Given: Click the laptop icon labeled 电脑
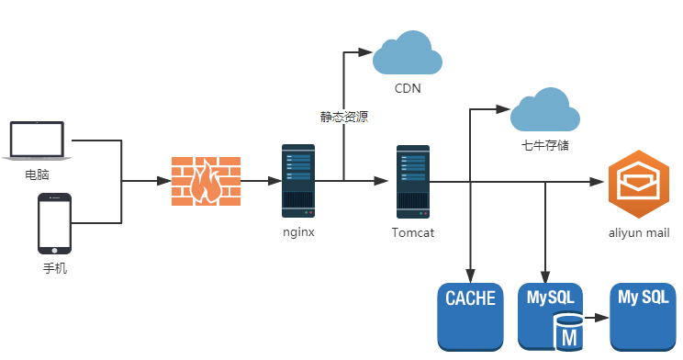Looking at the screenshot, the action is [37, 141].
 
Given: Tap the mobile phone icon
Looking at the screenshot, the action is [54, 223].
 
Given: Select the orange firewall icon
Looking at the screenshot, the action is [206, 181].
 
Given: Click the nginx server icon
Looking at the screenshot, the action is [298, 181].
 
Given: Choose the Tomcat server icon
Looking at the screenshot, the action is [413, 182].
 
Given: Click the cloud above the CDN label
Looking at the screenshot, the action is [408, 52].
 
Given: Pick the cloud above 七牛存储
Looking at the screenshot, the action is [545, 109].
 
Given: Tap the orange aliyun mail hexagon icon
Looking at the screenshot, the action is [639, 184].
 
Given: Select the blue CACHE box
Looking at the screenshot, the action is [470, 317].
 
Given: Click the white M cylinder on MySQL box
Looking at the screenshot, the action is [568, 332].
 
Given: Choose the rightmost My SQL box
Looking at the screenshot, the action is [643, 317].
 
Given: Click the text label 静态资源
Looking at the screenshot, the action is [344, 117].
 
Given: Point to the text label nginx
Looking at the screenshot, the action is [298, 231].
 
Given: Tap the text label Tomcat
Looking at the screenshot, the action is [413, 232].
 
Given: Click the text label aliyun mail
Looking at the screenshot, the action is [639, 232].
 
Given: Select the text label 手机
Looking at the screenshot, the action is [55, 268].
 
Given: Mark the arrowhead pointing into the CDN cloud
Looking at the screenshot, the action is [365, 52].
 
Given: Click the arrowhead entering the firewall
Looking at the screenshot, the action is [164, 180].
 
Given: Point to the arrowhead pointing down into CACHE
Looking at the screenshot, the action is [470, 276].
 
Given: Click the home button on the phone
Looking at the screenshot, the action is [54, 251].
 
